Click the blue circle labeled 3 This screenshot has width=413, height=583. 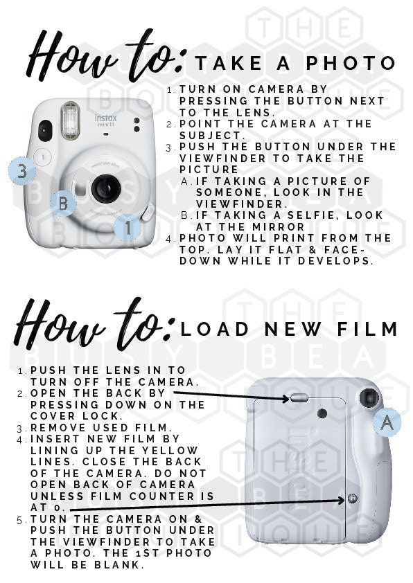point(22,171)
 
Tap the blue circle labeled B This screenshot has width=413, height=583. point(63,203)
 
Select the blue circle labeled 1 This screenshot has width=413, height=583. point(128,228)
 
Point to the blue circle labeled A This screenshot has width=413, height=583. point(387,422)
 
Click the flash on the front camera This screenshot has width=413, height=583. point(70,120)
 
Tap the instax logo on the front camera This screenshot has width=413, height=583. point(105,120)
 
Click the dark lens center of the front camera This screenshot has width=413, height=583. point(106,188)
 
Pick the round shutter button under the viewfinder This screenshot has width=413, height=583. point(42,157)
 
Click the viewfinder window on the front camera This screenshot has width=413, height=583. point(44,130)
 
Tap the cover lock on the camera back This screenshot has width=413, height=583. point(299,398)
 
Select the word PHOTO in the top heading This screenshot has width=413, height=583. point(350,63)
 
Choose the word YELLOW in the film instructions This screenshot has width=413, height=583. point(170,451)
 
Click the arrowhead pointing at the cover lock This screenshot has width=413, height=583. point(285,399)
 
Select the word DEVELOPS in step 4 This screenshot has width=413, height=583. point(335,260)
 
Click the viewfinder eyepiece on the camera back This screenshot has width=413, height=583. point(369,398)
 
